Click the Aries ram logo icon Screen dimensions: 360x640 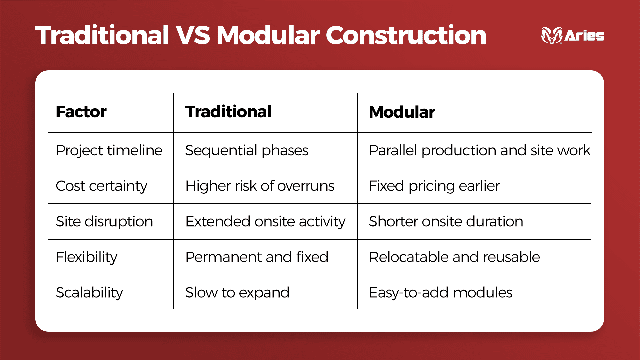(552, 35)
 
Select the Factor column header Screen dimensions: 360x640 (81, 112)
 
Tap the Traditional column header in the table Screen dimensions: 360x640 (228, 112)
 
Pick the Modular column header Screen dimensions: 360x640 (402, 112)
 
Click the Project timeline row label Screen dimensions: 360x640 (109, 150)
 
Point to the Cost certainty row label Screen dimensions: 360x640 (101, 186)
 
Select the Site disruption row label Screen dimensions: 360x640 (104, 222)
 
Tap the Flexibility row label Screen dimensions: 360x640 (87, 257)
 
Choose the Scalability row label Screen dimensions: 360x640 (89, 293)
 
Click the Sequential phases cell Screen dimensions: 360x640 (247, 150)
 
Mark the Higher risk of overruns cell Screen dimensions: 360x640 (260, 186)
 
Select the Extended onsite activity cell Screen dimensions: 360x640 (265, 222)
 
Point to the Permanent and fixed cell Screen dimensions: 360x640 (257, 257)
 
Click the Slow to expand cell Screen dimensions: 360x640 (237, 293)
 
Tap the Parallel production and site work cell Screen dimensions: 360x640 (479, 150)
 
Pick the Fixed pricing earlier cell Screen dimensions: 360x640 (434, 186)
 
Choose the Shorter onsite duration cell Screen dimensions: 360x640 (446, 222)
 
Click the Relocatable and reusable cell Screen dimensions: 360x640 (454, 257)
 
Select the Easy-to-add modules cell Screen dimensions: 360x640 (440, 293)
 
